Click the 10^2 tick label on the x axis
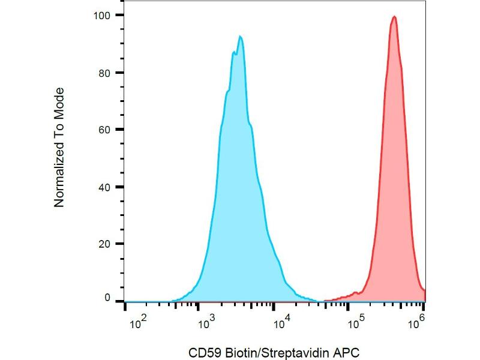coord(139,325)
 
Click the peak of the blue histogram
coord(240,37)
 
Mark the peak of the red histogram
coord(394,17)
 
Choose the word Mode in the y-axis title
coord(59,102)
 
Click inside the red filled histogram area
coord(393,180)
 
